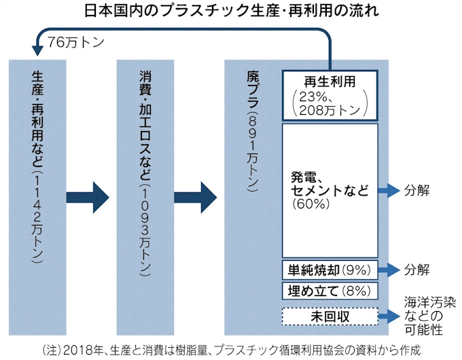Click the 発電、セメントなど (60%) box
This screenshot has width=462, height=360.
pyautogui.click(x=330, y=190)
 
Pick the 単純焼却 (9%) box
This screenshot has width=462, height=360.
pyautogui.click(x=330, y=270)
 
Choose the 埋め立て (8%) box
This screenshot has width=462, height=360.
pyautogui.click(x=330, y=291)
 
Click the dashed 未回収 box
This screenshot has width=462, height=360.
pyautogui.click(x=330, y=316)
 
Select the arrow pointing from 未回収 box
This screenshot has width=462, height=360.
pyautogui.click(x=389, y=316)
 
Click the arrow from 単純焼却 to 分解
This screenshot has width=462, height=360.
pyautogui.click(x=389, y=270)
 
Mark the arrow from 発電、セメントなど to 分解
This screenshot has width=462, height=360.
pyautogui.click(x=389, y=190)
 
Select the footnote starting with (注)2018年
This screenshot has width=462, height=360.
pyautogui.click(x=231, y=349)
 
